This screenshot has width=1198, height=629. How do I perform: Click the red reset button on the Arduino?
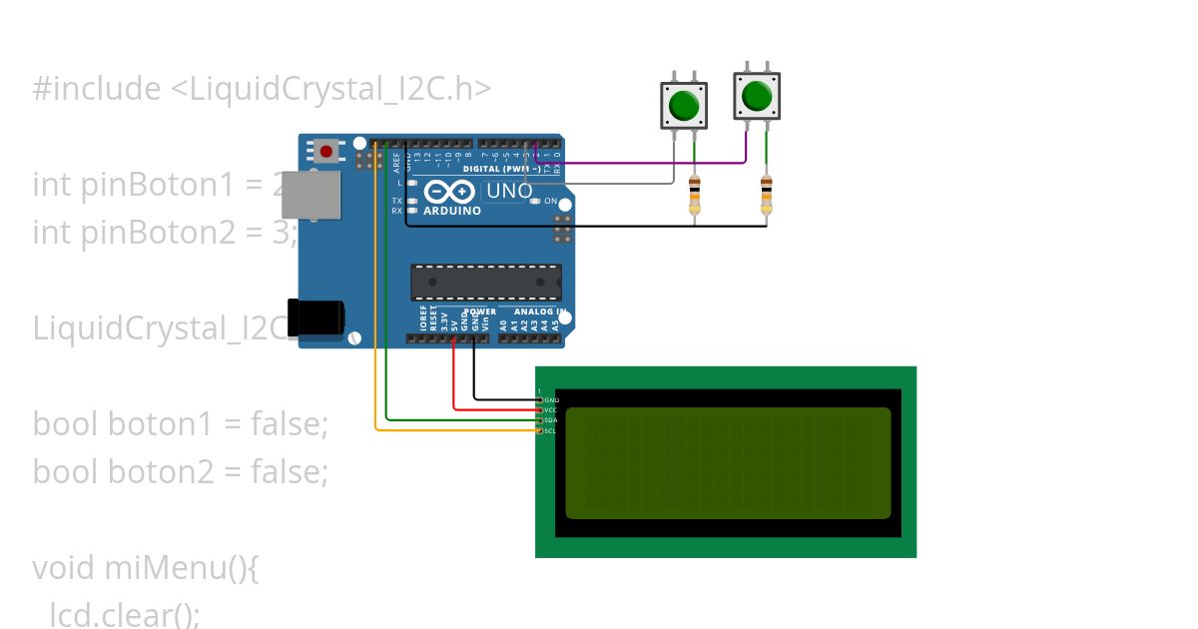325,152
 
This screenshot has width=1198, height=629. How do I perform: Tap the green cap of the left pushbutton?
684,104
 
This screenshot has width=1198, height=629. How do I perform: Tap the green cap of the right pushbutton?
757,96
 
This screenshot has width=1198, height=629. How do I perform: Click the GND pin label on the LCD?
551,400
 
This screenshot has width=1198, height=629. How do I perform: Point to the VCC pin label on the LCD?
551,410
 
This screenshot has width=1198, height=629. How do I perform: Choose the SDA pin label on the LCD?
551,420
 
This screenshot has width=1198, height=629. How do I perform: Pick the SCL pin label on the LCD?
551,430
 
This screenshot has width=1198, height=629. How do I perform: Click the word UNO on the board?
508,191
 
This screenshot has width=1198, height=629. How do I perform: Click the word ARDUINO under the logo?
452,211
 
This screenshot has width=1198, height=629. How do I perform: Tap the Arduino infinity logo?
450,192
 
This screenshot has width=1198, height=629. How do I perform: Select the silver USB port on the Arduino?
310,195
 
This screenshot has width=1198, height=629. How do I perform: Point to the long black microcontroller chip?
486,283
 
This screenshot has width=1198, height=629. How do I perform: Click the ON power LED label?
550,201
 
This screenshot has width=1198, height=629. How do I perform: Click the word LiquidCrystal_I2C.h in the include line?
329,89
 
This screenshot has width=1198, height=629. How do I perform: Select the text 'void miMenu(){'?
146,568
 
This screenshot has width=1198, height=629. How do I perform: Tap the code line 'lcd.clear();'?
125,614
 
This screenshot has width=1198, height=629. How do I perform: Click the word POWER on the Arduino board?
479,313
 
